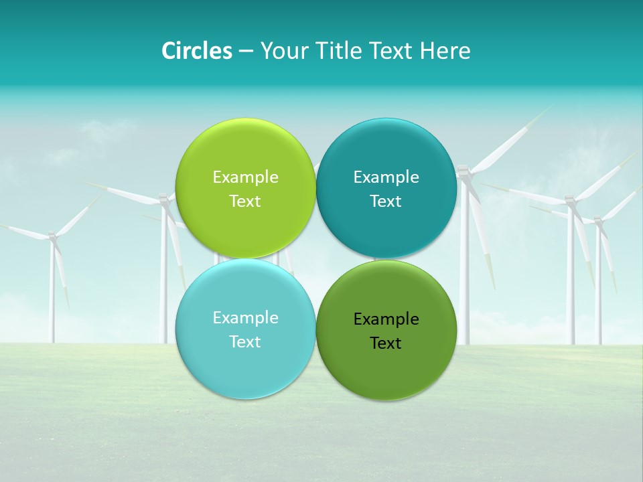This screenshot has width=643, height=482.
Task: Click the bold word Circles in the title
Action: [x=196, y=51]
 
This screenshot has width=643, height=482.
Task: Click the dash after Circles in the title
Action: [x=246, y=52]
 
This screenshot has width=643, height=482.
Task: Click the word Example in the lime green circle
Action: [x=245, y=177]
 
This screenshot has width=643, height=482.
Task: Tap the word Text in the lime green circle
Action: [x=245, y=201]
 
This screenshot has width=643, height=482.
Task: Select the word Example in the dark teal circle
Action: [x=386, y=177]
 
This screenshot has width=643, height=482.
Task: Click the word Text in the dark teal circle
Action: [x=386, y=201]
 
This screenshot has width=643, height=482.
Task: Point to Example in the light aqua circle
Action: [x=245, y=317]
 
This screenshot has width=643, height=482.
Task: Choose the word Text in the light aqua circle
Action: [x=245, y=341]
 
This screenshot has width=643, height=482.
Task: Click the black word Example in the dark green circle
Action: [x=386, y=319]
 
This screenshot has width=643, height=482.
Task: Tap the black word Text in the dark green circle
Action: [x=386, y=343]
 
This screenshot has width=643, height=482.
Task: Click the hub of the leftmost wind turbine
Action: [x=52, y=236]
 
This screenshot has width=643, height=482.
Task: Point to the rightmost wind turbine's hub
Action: [x=597, y=220]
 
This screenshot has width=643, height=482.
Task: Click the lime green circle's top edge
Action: [x=245, y=119]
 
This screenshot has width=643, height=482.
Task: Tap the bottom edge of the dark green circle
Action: [x=386, y=400]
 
